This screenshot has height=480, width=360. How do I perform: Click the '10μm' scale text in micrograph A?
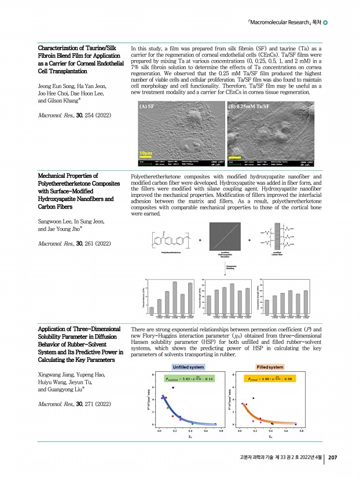[x=146, y=152]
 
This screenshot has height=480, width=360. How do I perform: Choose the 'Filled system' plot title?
[x=270, y=367]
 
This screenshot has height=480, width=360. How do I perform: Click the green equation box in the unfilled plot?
[x=190, y=380]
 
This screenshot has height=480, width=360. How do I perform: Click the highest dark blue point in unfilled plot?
[x=173, y=388]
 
